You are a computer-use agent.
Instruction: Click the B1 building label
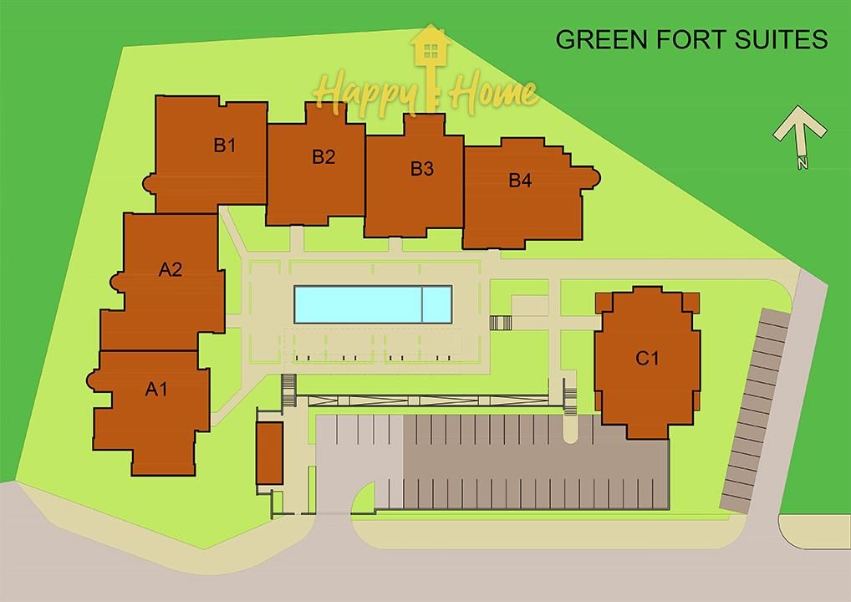point(225,145)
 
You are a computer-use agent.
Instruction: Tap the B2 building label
point(324,157)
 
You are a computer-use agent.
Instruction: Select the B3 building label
point(421,169)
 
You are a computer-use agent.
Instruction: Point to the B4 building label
point(520,181)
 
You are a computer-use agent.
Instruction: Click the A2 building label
point(171,269)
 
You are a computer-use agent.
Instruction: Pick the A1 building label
point(156,390)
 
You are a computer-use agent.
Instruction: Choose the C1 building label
point(647,358)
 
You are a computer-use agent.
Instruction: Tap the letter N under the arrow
point(803,162)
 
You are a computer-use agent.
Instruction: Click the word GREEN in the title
point(602,39)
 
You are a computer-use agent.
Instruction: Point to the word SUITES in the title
point(781,39)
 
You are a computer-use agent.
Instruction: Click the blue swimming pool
point(374,304)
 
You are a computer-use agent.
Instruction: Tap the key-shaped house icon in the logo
point(431,67)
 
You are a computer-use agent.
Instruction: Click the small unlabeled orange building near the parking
point(270,453)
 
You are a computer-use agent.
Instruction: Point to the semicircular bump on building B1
point(149,183)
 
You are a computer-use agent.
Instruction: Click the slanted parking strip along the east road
point(756,410)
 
